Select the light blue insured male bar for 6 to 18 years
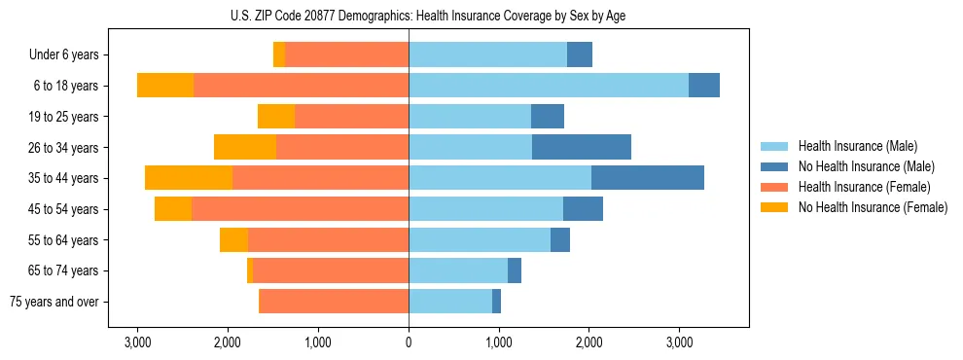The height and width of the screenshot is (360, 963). click(x=549, y=86)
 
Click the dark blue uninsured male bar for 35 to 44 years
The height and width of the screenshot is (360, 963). click(x=648, y=178)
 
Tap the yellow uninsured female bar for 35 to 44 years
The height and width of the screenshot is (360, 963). click(x=189, y=178)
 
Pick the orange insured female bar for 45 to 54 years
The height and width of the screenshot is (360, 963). click(x=300, y=209)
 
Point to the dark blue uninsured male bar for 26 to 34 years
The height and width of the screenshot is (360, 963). click(x=582, y=148)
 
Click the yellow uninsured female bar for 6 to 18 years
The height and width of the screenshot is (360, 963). click(x=165, y=86)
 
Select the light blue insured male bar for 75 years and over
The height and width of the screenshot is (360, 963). click(x=450, y=302)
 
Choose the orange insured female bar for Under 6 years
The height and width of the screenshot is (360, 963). click(x=346, y=54)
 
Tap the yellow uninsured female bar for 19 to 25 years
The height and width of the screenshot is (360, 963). click(x=276, y=117)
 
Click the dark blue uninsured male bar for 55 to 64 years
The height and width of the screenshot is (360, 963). click(x=560, y=240)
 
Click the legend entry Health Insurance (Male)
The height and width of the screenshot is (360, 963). click(x=855, y=146)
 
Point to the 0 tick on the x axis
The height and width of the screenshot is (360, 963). click(x=409, y=342)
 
